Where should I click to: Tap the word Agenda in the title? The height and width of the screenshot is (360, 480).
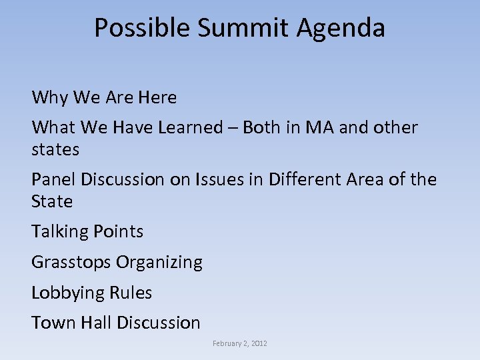coord(342,28)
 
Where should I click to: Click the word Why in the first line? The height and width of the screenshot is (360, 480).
coord(50,98)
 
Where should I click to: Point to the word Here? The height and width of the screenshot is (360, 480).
coord(157,98)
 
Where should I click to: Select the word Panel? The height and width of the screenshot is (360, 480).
coord(54,179)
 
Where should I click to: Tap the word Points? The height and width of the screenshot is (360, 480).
coord(118,232)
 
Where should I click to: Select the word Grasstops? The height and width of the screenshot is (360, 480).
coord(71,263)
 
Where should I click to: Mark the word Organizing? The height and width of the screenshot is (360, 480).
coord(159,263)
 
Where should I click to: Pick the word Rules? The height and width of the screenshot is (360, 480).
coord(133,293)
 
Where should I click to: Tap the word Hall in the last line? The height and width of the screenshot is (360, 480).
coord(96,323)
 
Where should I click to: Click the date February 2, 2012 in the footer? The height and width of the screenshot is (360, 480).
coord(240,343)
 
